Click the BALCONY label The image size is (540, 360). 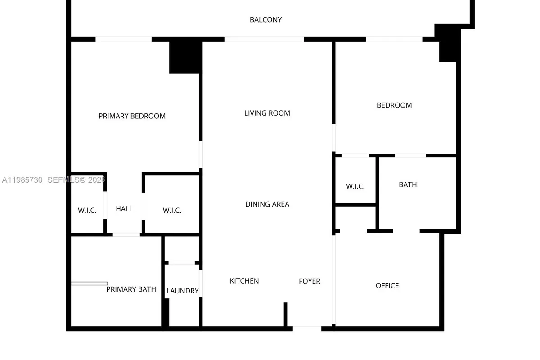[265, 20]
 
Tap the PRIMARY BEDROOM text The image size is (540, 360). [132, 116]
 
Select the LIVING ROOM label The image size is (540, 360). [267, 113]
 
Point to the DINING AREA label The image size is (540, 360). [267, 204]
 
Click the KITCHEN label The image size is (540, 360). [244, 281]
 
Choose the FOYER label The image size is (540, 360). [310, 281]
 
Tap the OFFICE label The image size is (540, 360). [387, 286]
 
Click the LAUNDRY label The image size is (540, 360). [182, 291]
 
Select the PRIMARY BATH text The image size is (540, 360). [131, 289]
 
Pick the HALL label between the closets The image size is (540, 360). [124, 209]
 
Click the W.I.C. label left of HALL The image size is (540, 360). [87, 211]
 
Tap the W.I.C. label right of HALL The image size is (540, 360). [172, 211]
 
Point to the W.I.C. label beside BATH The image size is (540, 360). [355, 187]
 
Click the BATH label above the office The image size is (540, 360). [408, 184]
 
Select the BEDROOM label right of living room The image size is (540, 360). [394, 105]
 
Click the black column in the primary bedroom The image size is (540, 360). [184, 57]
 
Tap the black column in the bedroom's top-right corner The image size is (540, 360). [448, 45]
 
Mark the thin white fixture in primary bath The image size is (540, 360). [89, 283]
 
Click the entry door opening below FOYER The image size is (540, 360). [307, 328]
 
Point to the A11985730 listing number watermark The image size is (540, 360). [22, 180]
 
